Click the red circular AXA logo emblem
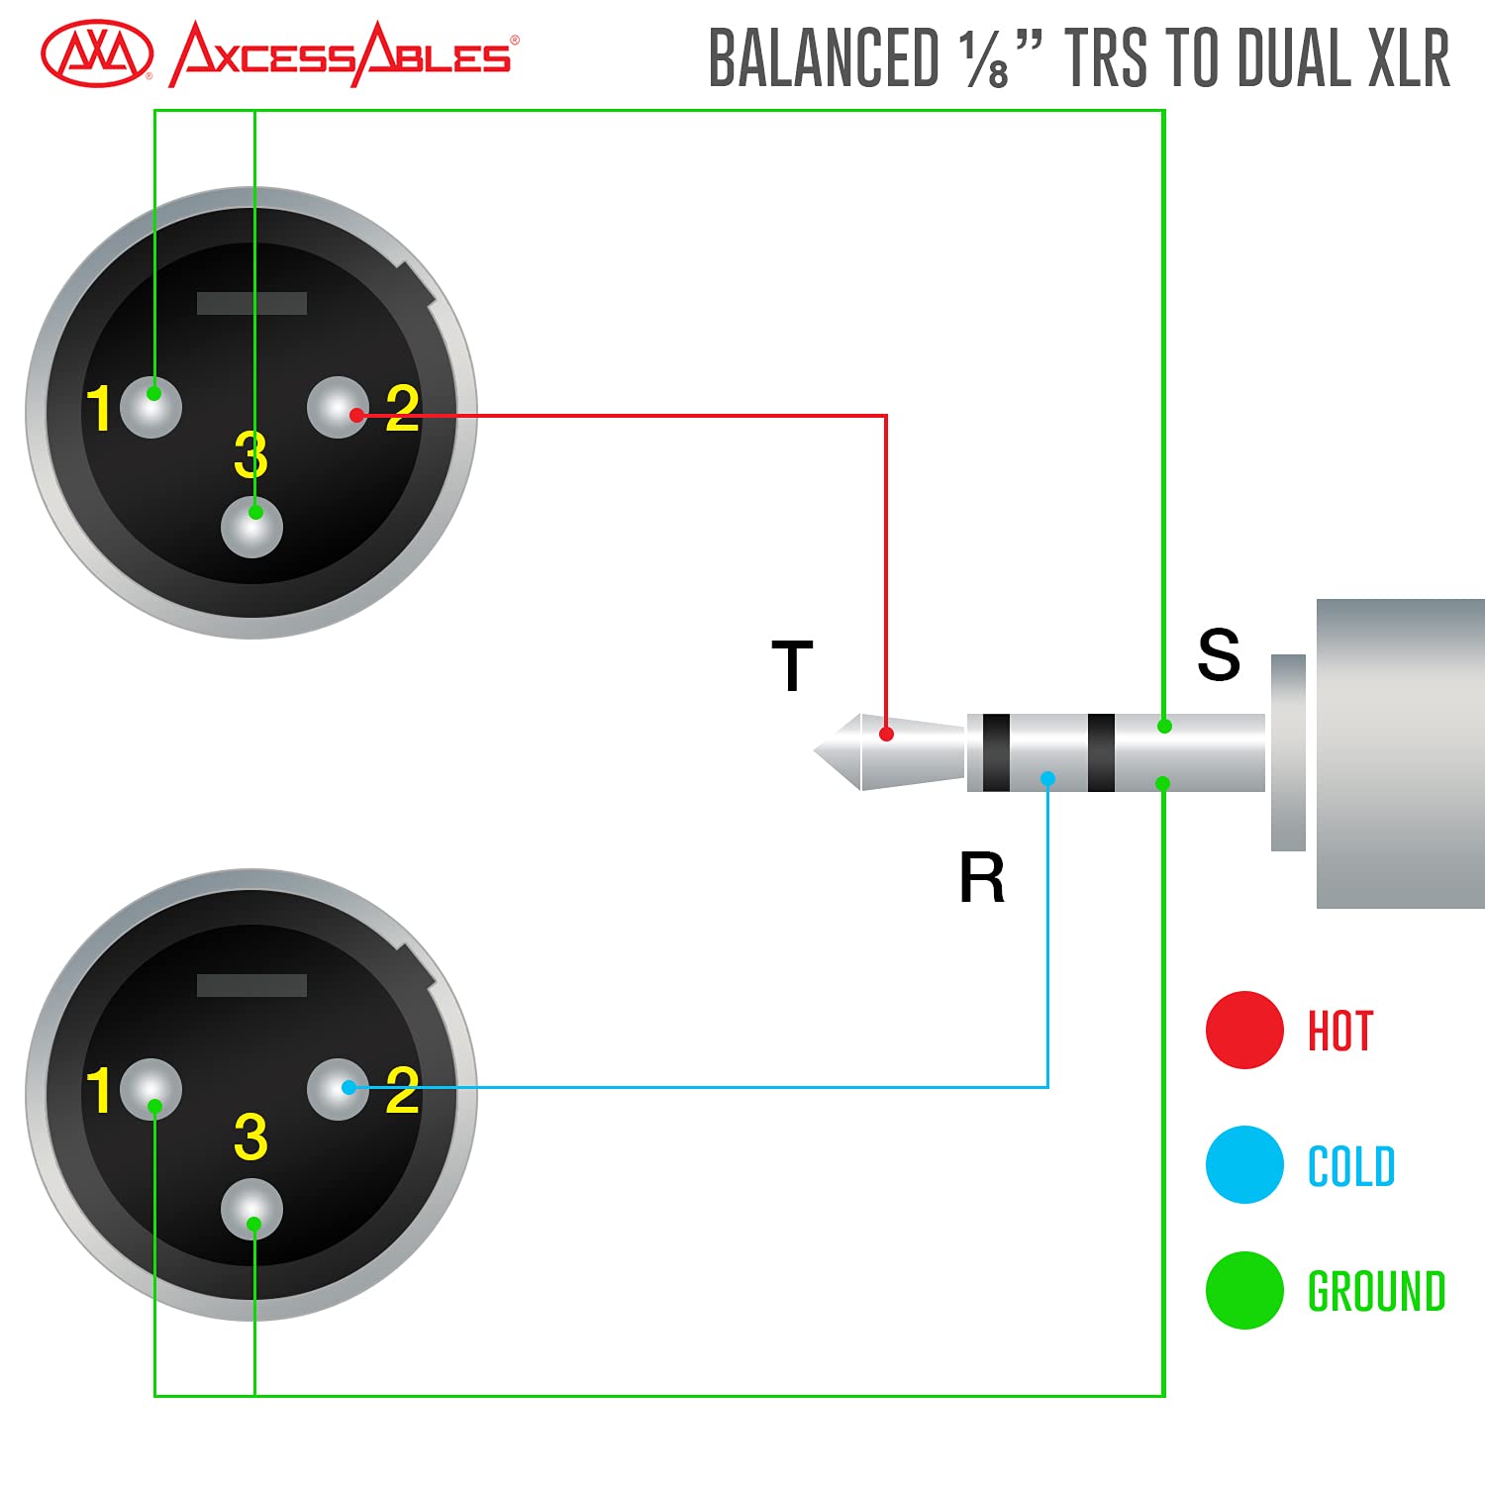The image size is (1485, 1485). click(97, 54)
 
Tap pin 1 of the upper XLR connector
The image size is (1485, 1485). click(151, 406)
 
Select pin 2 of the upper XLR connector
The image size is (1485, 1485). click(338, 407)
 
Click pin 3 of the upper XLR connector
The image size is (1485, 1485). click(251, 526)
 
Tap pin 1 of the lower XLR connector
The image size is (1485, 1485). click(151, 1089)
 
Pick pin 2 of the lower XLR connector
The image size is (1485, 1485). click(338, 1089)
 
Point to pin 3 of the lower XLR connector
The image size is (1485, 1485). click(251, 1209)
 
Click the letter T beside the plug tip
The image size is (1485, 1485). click(792, 665)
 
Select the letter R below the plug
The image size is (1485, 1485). click(981, 878)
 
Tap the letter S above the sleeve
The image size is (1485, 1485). click(1218, 654)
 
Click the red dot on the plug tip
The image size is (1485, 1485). click(887, 734)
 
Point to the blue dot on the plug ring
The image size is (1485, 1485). click(1047, 779)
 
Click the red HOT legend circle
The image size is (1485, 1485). click(1244, 1030)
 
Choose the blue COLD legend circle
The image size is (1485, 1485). click(1244, 1164)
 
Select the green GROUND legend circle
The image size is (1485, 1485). click(1244, 1290)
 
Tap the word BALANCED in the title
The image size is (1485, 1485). click(824, 59)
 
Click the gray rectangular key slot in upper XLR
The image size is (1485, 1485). click(251, 303)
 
